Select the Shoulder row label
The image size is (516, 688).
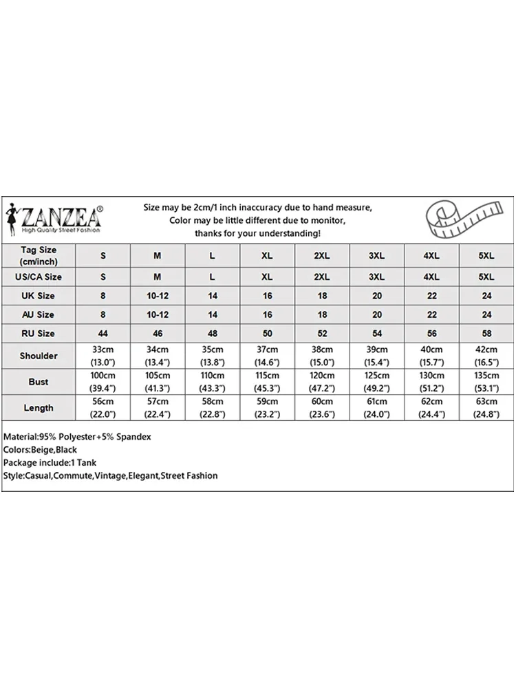[39, 356]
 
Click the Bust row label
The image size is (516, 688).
[39, 382]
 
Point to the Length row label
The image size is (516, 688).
[39, 408]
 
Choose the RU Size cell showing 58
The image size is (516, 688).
[486, 334]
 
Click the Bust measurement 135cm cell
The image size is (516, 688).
[486, 382]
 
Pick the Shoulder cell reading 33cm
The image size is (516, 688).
[103, 356]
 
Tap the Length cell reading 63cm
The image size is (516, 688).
[486, 408]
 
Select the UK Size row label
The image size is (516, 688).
[39, 296]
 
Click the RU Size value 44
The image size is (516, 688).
[103, 334]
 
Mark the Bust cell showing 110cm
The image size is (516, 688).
[213, 382]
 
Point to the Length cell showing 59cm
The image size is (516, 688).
[267, 408]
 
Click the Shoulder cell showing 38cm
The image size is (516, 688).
[321, 356]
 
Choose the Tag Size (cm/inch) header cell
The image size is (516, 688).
[39, 256]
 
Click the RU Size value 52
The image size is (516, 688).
[321, 334]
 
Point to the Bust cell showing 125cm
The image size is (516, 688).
[376, 382]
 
